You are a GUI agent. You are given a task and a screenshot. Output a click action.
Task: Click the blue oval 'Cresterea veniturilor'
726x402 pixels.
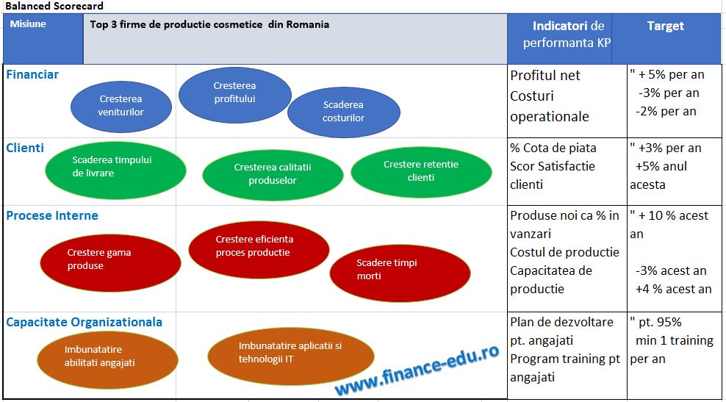(121, 106)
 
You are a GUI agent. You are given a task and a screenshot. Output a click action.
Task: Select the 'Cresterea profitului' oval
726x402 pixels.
(234, 95)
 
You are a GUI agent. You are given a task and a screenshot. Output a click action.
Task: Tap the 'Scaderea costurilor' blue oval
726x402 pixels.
(344, 112)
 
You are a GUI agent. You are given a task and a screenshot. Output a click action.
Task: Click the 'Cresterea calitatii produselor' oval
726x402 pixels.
(273, 173)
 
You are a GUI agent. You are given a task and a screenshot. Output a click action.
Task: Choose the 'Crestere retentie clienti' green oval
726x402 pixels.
(421, 172)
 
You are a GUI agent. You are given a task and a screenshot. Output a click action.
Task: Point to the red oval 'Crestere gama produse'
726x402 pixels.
(110, 262)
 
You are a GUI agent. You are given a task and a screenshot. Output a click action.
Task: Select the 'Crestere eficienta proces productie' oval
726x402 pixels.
(259, 249)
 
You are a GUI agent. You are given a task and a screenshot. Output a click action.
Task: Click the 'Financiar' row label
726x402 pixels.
(32, 74)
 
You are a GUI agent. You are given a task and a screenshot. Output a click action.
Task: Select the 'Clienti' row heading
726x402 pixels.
(25, 148)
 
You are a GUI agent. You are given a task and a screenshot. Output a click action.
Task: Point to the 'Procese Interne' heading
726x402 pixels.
(52, 216)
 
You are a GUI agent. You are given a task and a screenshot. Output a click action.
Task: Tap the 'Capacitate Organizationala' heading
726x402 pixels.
(85, 322)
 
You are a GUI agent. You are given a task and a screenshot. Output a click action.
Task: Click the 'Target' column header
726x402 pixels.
(665, 26)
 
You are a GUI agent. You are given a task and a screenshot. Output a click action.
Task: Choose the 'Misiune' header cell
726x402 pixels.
(28, 24)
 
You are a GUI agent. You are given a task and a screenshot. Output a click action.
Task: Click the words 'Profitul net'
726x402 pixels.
(545, 76)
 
